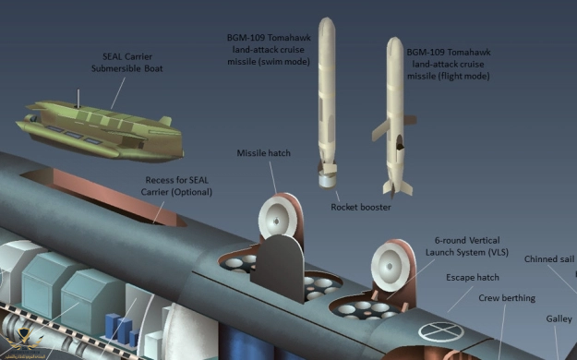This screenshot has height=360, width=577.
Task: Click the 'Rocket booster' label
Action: (x=361, y=208)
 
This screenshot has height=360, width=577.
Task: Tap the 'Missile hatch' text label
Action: (x=263, y=153)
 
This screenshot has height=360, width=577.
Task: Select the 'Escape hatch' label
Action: (x=473, y=278)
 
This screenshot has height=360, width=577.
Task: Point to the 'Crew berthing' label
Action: (x=507, y=298)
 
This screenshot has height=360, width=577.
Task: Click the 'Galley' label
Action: (x=559, y=319)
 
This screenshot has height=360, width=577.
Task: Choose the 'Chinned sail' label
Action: (x=549, y=259)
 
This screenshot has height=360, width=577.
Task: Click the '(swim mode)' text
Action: (x=284, y=62)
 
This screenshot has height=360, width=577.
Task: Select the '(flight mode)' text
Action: (x=464, y=77)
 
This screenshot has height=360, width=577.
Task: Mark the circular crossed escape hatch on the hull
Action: (x=441, y=332)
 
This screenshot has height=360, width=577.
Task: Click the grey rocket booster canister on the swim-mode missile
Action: (x=327, y=181)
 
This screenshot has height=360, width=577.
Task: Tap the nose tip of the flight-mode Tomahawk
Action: (x=395, y=38)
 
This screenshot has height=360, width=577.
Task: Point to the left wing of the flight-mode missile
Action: (x=381, y=129)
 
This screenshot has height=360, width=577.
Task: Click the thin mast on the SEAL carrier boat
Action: (x=78, y=98)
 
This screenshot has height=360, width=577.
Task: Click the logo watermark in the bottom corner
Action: (x=23, y=343)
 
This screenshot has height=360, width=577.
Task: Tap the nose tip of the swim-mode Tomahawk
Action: (x=327, y=18)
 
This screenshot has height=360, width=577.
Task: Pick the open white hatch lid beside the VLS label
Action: (x=391, y=265)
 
